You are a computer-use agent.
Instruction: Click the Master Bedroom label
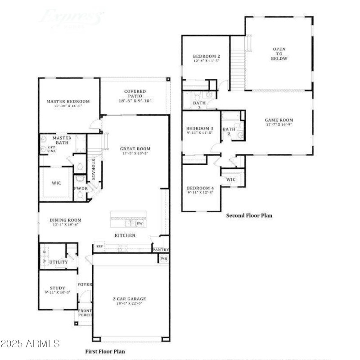[68, 102]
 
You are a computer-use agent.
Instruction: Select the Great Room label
[135, 149]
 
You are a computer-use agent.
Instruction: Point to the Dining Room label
[66, 220]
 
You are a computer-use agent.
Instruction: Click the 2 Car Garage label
[129, 299]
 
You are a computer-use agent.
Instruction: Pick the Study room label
[57, 288]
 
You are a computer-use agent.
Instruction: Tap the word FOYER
[85, 284]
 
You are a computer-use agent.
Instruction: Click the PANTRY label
[160, 249]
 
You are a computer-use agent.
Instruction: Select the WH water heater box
[163, 259]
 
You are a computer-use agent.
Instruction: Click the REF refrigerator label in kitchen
[99, 246]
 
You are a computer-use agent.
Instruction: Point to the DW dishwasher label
[139, 223]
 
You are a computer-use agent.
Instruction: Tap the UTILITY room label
[58, 262]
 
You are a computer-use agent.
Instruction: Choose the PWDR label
[81, 189]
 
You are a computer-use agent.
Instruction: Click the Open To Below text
[279, 54]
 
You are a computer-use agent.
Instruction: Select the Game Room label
[279, 120]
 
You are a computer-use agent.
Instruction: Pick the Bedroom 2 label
[206, 56]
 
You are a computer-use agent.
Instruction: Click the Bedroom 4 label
[200, 188]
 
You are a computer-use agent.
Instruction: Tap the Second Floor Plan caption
[249, 216]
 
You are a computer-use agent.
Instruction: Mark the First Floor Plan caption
[105, 351]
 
